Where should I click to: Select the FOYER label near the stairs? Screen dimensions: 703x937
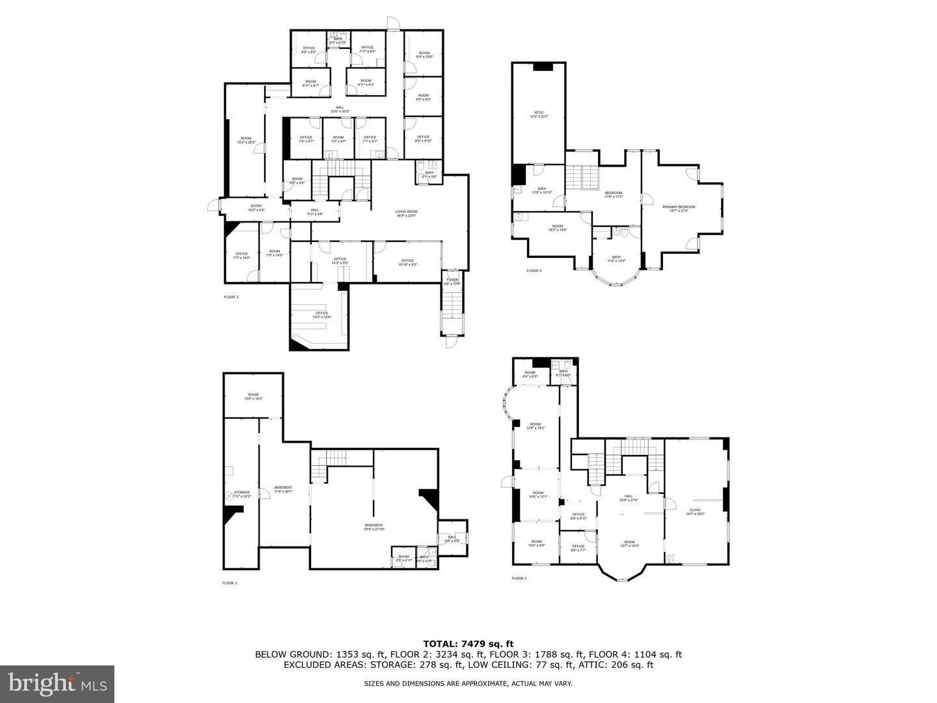pyautogui.click(x=452, y=281)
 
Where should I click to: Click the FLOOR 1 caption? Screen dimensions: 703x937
pyautogui.click(x=230, y=583)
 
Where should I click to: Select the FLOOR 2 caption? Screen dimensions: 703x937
pyautogui.click(x=231, y=297)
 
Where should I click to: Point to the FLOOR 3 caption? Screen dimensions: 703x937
pyautogui.click(x=519, y=578)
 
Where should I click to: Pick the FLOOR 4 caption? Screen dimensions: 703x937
pyautogui.click(x=534, y=270)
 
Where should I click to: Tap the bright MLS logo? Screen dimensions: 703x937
pyautogui.click(x=57, y=683)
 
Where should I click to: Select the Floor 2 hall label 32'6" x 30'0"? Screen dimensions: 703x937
pyautogui.click(x=340, y=109)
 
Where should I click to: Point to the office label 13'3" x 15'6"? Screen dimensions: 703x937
pyautogui.click(x=322, y=315)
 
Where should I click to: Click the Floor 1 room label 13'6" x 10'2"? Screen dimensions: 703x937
pyautogui.click(x=253, y=396)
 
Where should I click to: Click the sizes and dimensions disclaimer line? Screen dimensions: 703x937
pyautogui.click(x=468, y=683)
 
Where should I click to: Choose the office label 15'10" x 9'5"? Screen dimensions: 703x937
pyautogui.click(x=408, y=262)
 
